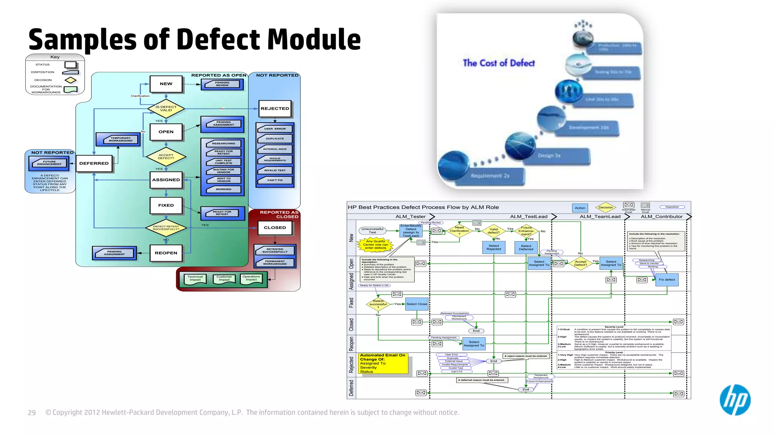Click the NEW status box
click(166, 84)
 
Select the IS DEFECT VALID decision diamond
click(166, 109)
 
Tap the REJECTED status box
click(275, 109)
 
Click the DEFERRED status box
click(94, 163)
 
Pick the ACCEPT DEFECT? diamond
click(166, 156)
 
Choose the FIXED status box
click(166, 206)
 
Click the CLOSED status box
click(275, 228)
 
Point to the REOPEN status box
click(166, 253)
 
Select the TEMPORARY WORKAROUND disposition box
click(118, 139)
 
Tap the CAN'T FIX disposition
click(275, 180)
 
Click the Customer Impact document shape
click(224, 279)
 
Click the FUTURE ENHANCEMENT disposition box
click(49, 163)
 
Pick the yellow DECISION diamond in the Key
click(70, 80)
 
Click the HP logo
click(735, 400)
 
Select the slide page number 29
click(32, 413)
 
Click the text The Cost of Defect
click(498, 63)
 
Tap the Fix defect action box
click(667, 280)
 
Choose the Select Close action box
click(416, 304)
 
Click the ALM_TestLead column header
click(528, 216)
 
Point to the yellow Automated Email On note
click(383, 363)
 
